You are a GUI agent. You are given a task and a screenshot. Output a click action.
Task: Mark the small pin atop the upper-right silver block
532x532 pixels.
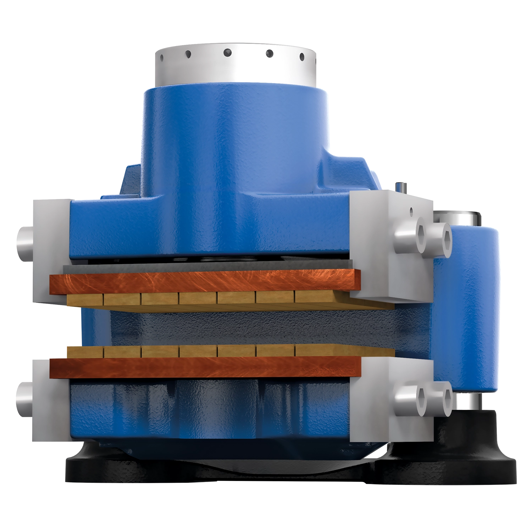401,187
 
